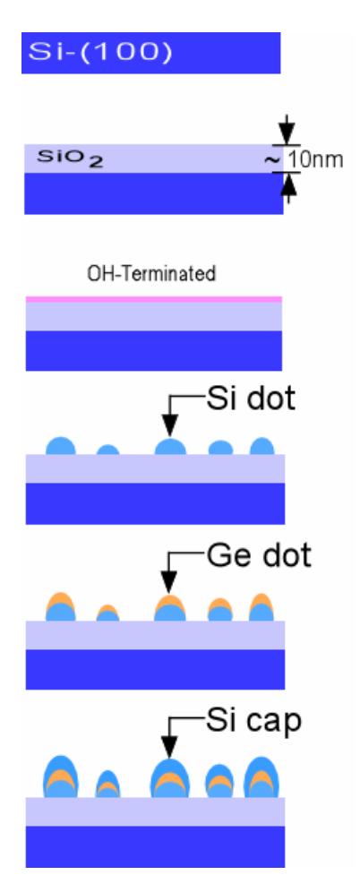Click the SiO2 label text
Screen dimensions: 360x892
click(71, 159)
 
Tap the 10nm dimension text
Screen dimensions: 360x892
click(314, 159)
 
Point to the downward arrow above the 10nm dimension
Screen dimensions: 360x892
click(287, 130)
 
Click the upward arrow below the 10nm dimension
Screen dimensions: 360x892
click(289, 188)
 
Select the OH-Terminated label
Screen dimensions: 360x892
click(151, 274)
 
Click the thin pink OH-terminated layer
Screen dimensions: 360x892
click(153, 299)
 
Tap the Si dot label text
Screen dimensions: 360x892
click(251, 399)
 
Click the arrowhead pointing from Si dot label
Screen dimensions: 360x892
click(170, 426)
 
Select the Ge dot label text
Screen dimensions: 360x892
click(259, 556)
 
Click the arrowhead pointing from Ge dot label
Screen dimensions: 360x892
click(169, 582)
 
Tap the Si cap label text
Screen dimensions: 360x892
click(253, 721)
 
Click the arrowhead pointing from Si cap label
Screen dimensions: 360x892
click(169, 748)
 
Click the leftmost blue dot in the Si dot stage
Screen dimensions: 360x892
click(61, 447)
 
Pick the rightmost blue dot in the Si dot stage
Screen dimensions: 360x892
click(262, 447)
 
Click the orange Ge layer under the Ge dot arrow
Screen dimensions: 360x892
click(170, 602)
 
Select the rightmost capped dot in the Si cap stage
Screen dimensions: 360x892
click(262, 777)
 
